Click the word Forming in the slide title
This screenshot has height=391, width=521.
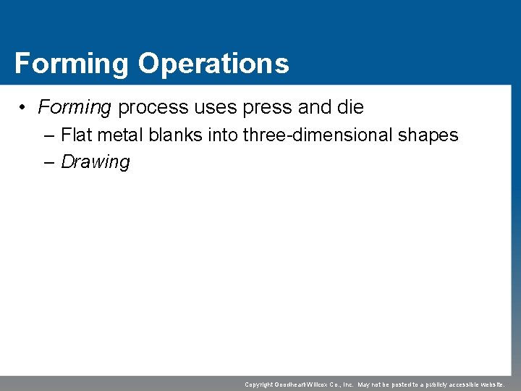[71, 64]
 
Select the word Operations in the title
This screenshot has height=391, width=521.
[213, 64]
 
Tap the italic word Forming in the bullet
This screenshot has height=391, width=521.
[75, 108]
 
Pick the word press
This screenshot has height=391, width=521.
[268, 108]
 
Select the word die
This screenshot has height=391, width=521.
[350, 108]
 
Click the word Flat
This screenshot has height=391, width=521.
[76, 135]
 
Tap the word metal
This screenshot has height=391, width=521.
[119, 135]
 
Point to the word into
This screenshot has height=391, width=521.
[225, 135]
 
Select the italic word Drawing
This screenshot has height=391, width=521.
[95, 162]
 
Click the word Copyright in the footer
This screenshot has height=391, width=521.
[258, 384]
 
